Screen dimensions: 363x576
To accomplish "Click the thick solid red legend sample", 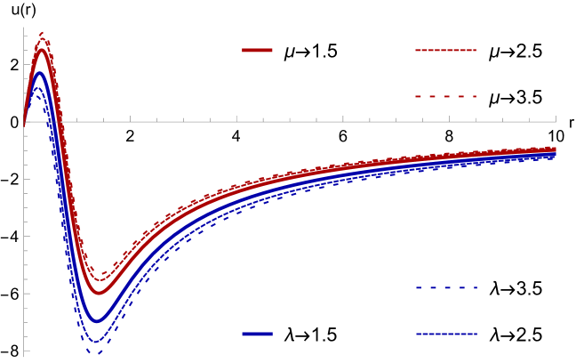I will click(x=257, y=50).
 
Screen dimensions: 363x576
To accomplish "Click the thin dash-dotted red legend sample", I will click(x=445, y=50).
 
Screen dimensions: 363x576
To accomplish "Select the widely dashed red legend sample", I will click(x=445, y=96).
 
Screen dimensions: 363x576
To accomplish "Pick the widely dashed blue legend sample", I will click(x=445, y=287).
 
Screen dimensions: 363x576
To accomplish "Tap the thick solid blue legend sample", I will click(x=257, y=334).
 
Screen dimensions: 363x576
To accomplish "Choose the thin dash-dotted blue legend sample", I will click(x=445, y=334).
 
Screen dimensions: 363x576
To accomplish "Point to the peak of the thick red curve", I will click(x=40, y=51).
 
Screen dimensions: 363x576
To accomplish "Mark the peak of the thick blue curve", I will click(x=39, y=74).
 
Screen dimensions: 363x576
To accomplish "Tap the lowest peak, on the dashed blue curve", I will click(x=37, y=90).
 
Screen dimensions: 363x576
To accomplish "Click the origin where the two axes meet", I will click(x=24, y=122).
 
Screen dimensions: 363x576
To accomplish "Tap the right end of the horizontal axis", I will click(x=556, y=122).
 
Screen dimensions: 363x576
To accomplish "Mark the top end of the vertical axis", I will click(x=24, y=28).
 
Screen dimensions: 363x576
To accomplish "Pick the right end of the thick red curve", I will click(x=555, y=149).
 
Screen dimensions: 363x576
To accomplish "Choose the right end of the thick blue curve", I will click(x=555, y=154).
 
